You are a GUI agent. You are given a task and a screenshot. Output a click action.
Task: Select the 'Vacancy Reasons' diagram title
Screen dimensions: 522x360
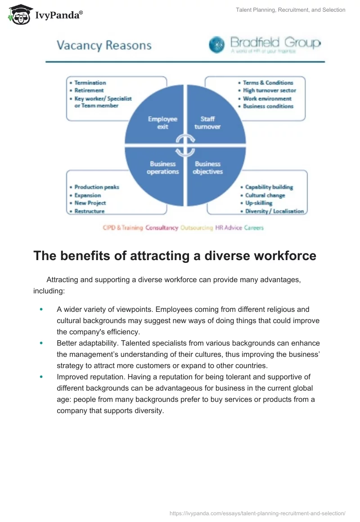[104, 45]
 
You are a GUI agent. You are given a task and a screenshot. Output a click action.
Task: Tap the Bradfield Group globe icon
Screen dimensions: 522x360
[217, 45]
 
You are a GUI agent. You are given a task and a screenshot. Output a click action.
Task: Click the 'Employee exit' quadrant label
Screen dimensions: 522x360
[162, 123]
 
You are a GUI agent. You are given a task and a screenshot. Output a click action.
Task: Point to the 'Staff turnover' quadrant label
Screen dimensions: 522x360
[207, 123]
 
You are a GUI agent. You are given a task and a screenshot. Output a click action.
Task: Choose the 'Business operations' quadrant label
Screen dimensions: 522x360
[162, 168]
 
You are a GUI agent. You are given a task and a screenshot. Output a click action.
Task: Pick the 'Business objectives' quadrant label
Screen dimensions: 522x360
[207, 168]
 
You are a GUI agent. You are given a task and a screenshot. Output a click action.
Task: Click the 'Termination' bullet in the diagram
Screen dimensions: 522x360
[90, 83]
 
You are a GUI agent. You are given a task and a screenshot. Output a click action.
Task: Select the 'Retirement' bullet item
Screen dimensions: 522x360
[89, 90]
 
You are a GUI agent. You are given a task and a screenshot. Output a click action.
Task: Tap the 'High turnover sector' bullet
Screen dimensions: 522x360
[270, 90]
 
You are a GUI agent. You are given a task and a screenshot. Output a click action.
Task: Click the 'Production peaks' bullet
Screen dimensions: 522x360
[97, 187]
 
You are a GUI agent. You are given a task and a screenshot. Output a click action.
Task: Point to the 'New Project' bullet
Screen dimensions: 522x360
[90, 203]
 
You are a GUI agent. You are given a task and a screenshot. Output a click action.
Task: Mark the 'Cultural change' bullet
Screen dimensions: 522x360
[265, 195]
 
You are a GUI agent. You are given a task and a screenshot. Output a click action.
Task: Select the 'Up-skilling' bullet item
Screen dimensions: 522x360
[259, 203]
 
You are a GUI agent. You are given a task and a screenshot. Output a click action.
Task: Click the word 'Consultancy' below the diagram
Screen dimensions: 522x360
[162, 228]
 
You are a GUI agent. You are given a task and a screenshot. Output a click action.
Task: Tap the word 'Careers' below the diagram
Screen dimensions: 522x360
[254, 228]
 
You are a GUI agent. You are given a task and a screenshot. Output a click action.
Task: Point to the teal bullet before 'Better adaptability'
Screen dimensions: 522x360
[41, 343]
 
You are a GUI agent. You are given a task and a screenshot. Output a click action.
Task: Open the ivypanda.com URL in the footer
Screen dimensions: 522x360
[257, 513]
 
